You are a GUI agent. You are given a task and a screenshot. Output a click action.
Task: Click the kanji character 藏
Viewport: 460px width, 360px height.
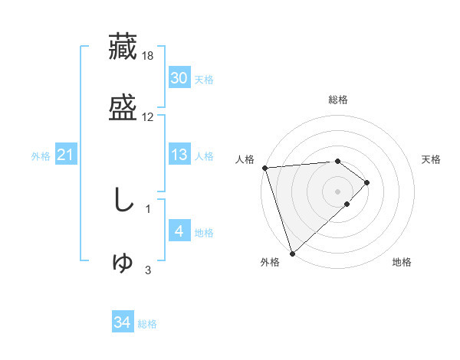(x=123, y=47)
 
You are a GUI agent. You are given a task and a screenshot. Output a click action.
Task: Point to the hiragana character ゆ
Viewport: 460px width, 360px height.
(x=123, y=261)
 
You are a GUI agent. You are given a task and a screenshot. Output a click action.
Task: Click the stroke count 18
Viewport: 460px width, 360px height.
(x=148, y=56)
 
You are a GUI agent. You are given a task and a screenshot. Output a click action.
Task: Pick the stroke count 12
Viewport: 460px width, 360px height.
(x=148, y=117)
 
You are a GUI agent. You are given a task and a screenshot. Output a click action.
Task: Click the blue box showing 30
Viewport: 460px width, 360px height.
(x=179, y=78)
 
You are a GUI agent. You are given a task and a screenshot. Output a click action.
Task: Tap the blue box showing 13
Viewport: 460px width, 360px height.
(x=179, y=155)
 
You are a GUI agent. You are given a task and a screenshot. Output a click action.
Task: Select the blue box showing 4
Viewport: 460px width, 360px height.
(x=179, y=231)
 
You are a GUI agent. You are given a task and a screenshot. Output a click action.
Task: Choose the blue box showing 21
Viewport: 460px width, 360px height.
(x=66, y=155)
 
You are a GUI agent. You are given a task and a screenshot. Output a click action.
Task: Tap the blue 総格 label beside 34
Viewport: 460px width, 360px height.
(x=148, y=325)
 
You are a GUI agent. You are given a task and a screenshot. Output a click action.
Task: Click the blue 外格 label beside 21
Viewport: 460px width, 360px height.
(x=41, y=156)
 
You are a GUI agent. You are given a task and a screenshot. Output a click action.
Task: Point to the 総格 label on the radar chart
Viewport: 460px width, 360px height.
(x=338, y=100)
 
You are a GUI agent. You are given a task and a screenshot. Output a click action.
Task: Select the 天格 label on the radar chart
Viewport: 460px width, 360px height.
(x=432, y=159)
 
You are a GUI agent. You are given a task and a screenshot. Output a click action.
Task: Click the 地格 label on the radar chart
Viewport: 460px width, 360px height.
(x=402, y=263)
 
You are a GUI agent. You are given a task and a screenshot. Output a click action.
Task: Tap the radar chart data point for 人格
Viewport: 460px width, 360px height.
(x=264, y=168)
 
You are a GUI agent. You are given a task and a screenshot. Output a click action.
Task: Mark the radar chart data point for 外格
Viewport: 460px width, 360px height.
(x=292, y=253)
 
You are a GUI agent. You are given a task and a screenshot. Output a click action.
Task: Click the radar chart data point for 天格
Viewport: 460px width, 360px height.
(x=367, y=182)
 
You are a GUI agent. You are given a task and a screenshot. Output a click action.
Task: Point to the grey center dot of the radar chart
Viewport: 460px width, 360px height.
(x=338, y=191)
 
